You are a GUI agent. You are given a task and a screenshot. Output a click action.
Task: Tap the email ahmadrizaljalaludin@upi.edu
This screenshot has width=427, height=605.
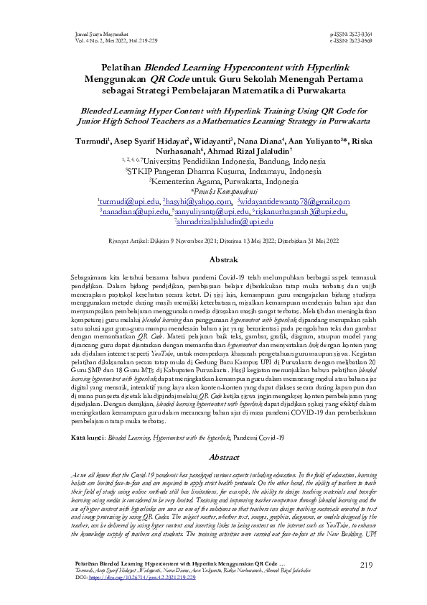click(x=214, y=223)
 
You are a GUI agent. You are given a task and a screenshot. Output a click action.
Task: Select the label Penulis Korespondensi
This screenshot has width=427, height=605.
click(x=214, y=193)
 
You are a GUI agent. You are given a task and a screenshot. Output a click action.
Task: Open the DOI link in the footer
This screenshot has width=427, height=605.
click(x=140, y=577)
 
